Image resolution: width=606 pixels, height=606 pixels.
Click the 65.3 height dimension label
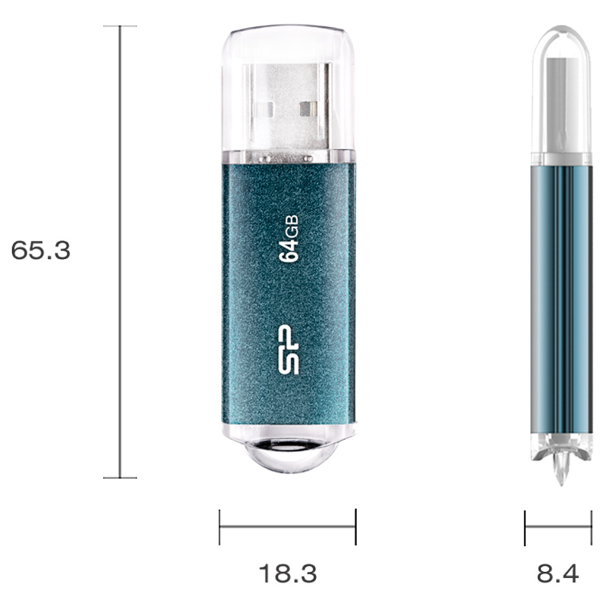point(41,250)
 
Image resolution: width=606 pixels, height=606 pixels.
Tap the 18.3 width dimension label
point(288,573)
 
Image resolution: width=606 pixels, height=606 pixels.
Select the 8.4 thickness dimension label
point(558,573)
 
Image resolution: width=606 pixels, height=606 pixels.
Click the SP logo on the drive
point(289,349)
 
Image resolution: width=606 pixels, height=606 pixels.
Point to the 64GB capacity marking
point(289,239)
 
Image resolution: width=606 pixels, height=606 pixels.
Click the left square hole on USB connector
point(264,109)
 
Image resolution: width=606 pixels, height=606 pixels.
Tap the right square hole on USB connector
point(308,109)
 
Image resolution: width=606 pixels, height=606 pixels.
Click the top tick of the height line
point(120,26)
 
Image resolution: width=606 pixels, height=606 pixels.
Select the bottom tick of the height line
point(120,478)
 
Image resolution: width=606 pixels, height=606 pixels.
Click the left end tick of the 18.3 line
point(220,527)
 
